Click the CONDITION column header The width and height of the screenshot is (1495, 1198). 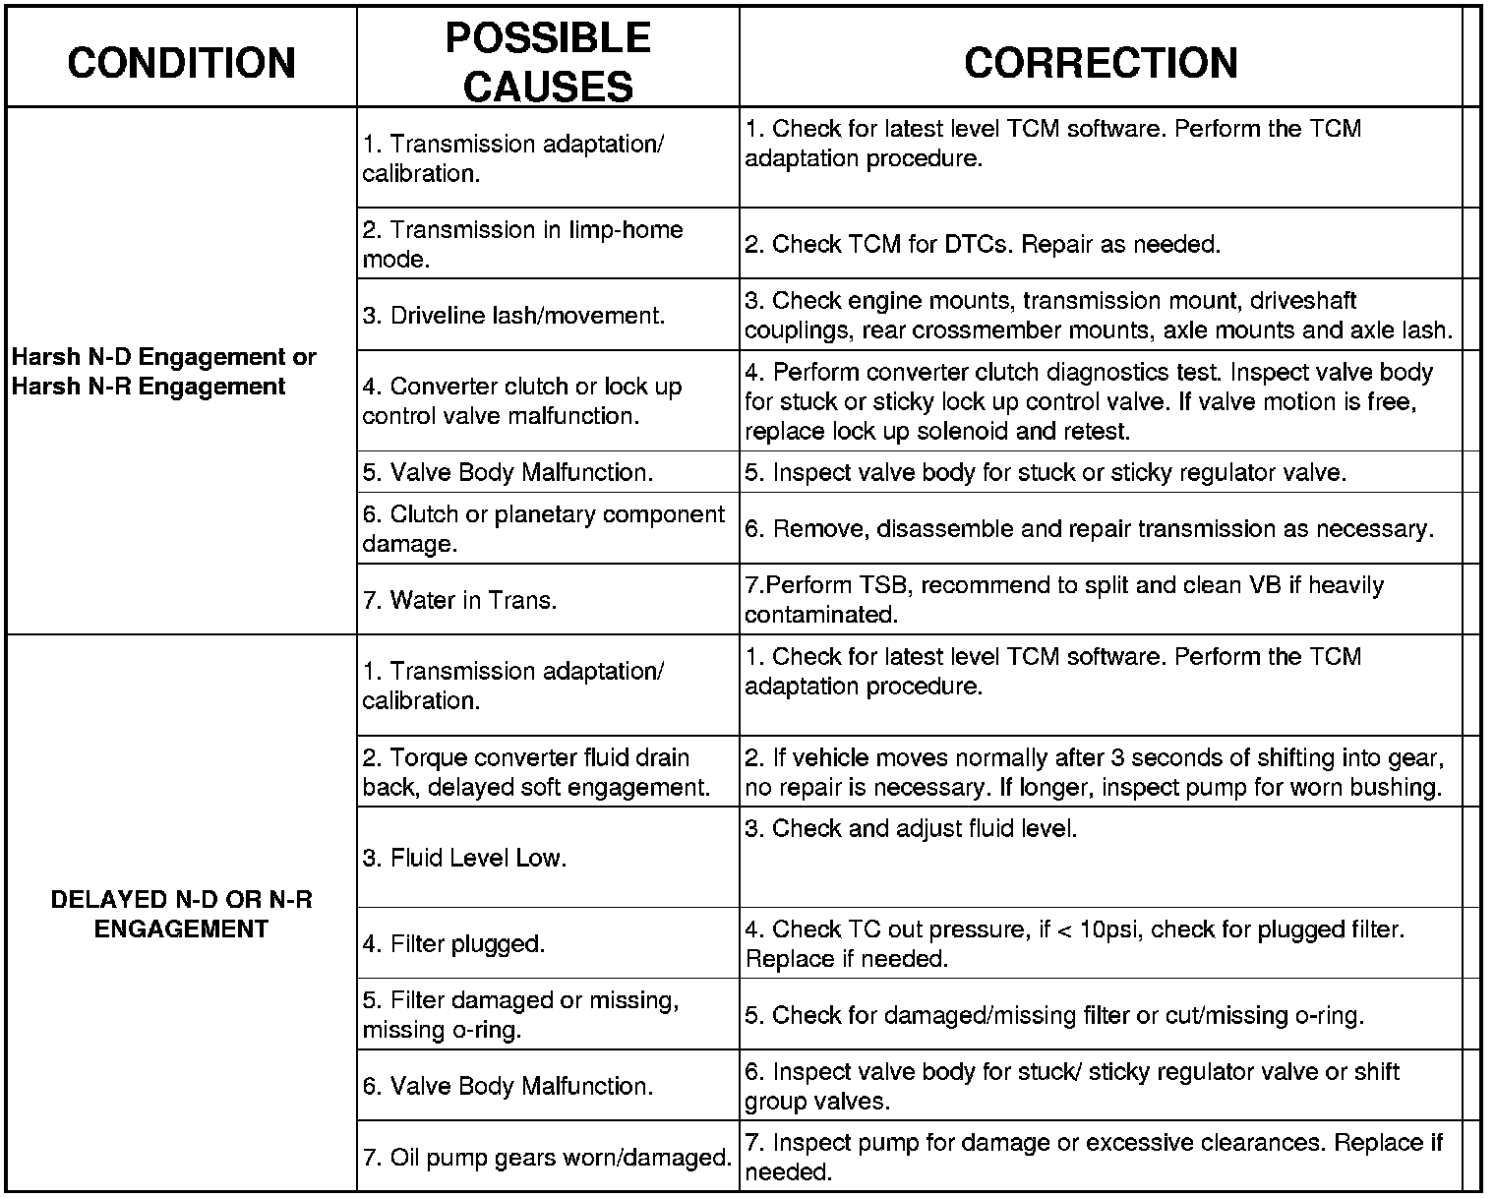point(182,62)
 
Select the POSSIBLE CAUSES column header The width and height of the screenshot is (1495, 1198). point(548,62)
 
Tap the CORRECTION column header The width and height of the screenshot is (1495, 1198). point(1101,62)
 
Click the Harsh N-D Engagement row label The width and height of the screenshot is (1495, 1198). point(163,371)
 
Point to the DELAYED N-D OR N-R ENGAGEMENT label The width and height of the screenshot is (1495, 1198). point(181,914)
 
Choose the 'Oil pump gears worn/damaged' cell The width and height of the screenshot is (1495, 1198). point(547,1158)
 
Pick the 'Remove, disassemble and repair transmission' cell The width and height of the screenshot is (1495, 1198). point(1089,529)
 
